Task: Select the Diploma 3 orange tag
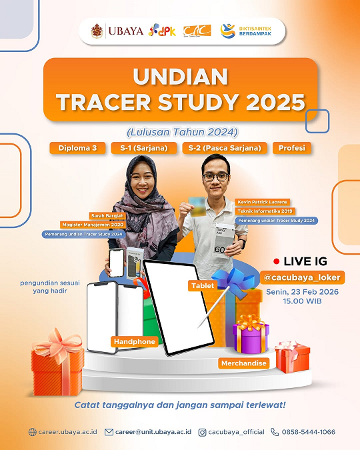pos(77,148)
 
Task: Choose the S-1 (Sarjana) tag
pos(143,148)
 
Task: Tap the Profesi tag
pos(292,148)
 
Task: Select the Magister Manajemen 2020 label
pos(90,225)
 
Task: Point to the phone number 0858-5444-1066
pos(307,432)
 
